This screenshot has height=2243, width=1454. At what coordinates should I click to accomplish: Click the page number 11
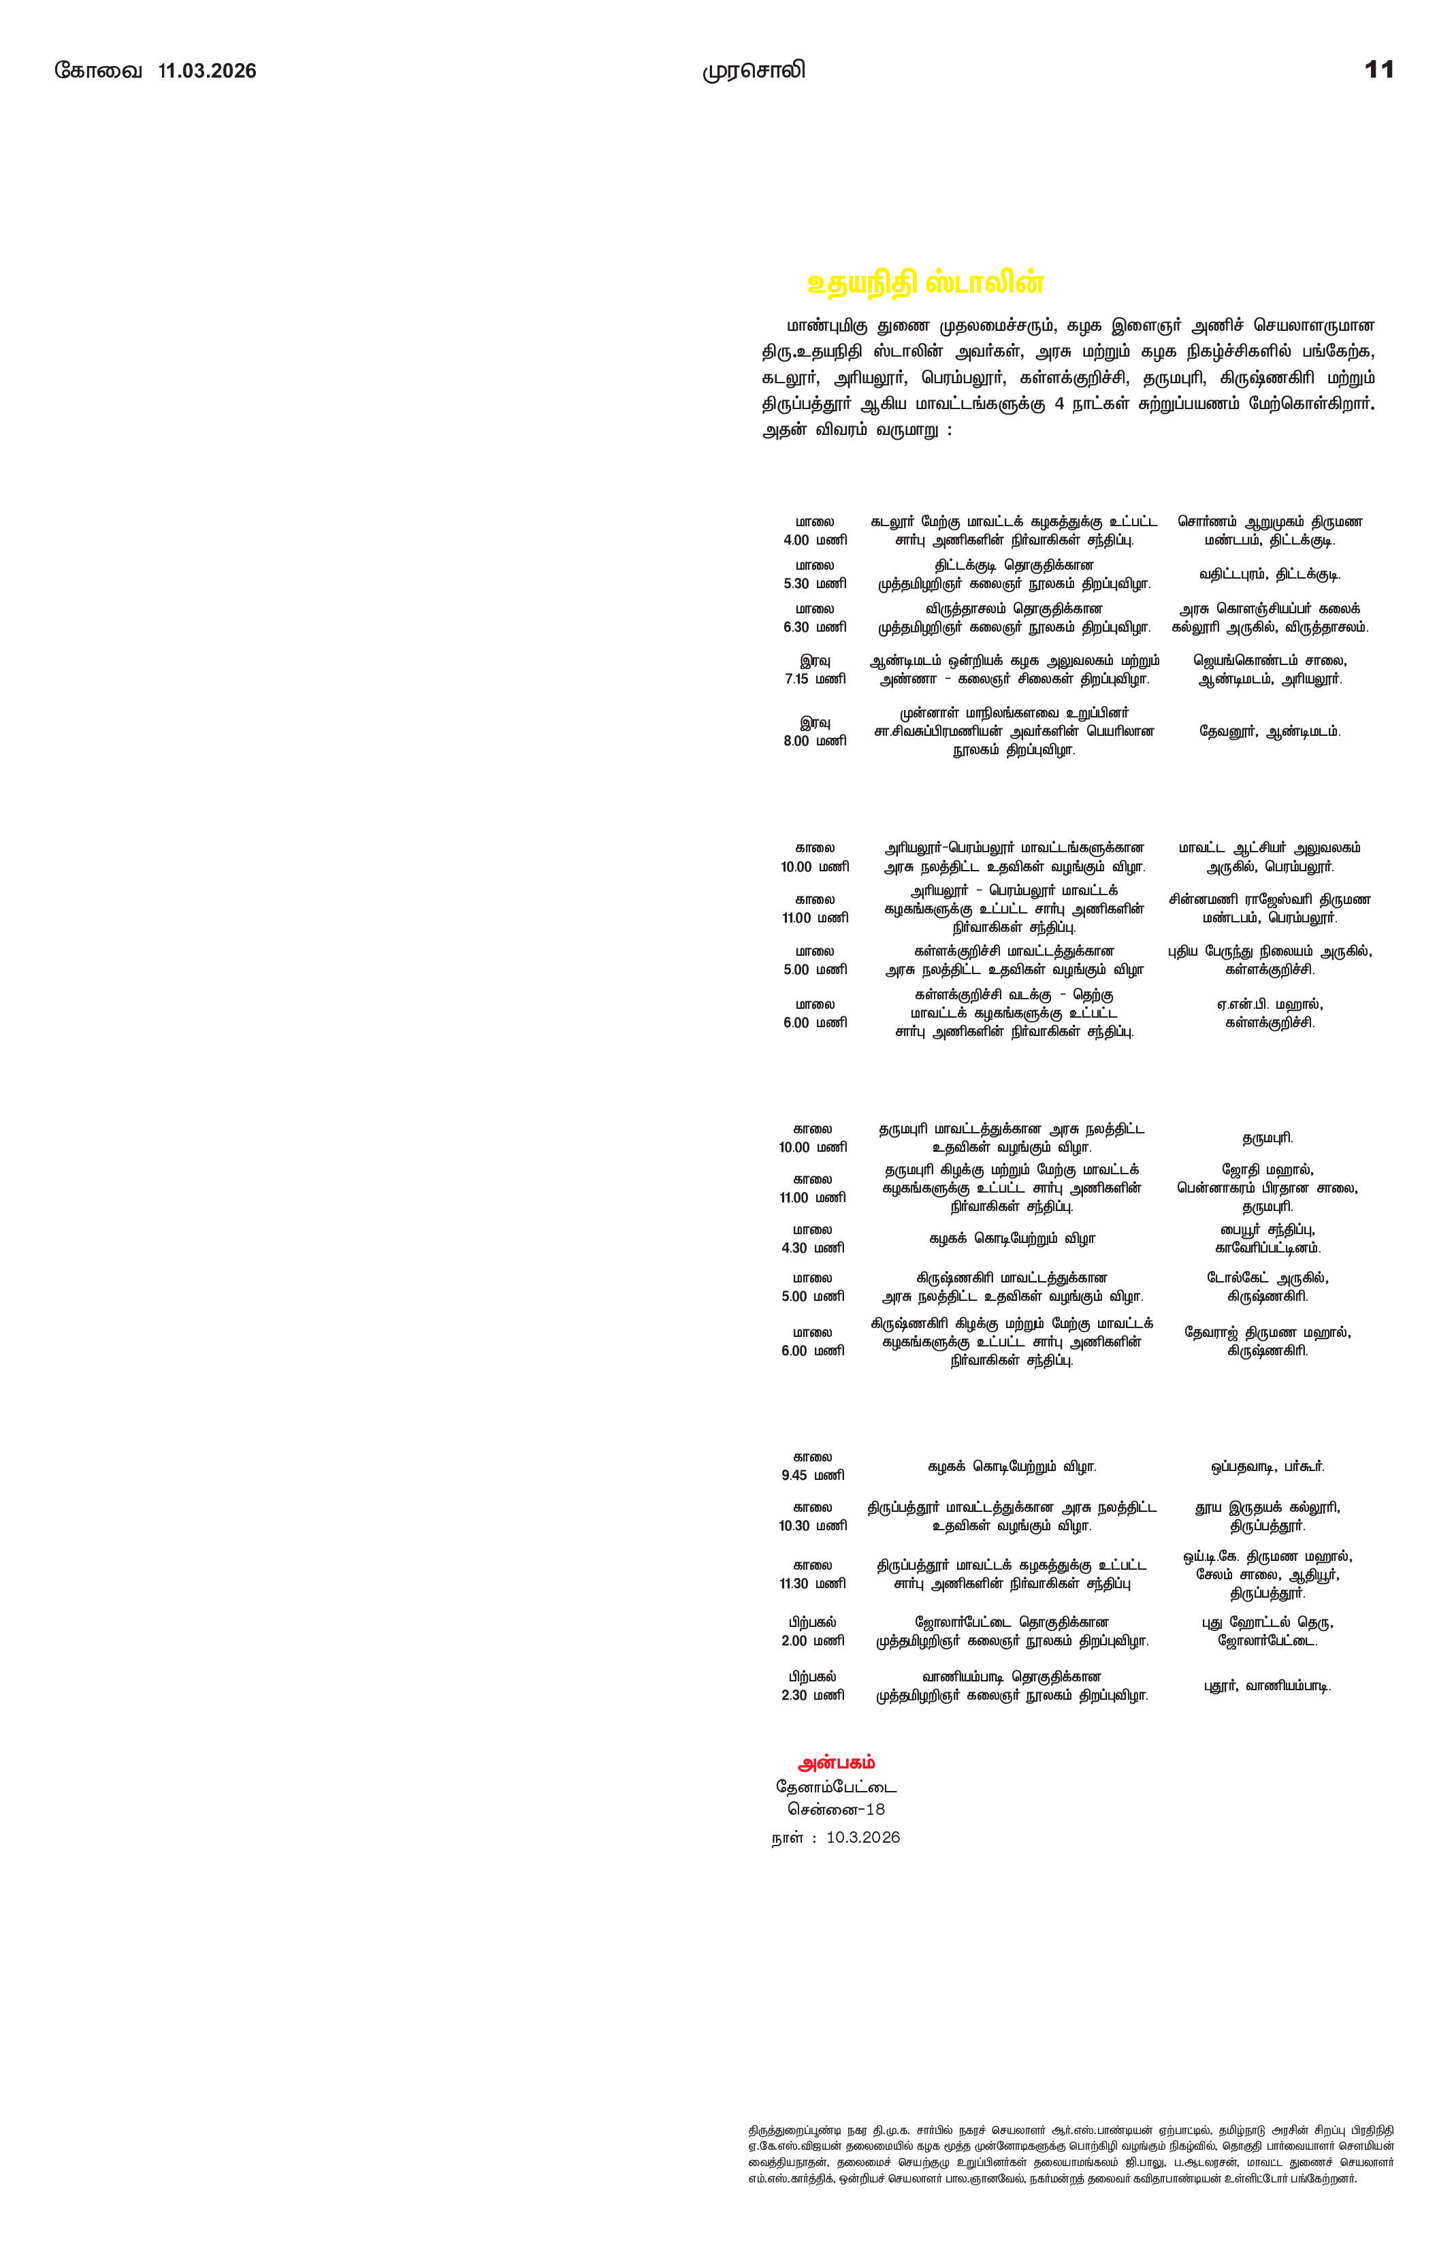pyautogui.click(x=1378, y=69)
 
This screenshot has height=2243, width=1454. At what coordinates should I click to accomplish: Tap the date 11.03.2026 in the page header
pyautogui.click(x=208, y=71)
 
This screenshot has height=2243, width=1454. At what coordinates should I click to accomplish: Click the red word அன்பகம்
pyautogui.click(x=836, y=1762)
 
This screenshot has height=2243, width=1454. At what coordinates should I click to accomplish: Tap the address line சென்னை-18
pyautogui.click(x=836, y=1809)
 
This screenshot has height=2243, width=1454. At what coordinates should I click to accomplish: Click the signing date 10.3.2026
pyautogui.click(x=862, y=1838)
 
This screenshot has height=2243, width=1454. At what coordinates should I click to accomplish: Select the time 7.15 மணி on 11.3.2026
pyautogui.click(x=815, y=679)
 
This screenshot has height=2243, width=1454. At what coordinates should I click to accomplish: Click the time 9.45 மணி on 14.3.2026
pyautogui.click(x=812, y=1475)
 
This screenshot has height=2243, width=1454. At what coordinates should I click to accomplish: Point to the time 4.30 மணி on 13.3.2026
pyautogui.click(x=812, y=1248)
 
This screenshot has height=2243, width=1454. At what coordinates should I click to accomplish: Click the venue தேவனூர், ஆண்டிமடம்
pyautogui.click(x=1270, y=731)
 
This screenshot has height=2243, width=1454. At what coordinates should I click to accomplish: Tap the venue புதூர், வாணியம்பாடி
pyautogui.click(x=1267, y=1686)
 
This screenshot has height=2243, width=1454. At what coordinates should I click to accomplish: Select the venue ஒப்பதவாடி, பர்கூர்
pyautogui.click(x=1267, y=1466)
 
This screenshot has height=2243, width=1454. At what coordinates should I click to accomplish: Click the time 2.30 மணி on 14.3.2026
pyautogui.click(x=812, y=1694)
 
